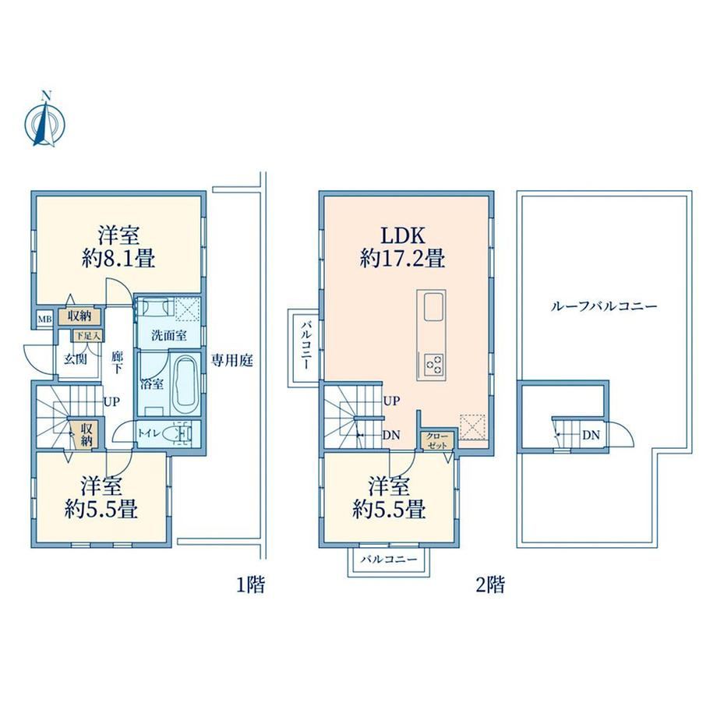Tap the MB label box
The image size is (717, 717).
pyautogui.click(x=44, y=320)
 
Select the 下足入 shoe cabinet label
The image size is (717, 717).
pyautogui.click(x=87, y=336)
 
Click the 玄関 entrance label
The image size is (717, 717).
pyautogui.click(x=75, y=359)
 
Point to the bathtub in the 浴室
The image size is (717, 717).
pyautogui.click(x=185, y=383)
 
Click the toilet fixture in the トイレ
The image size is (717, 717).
pyautogui.click(x=180, y=433)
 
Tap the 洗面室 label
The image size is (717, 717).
pyautogui.click(x=169, y=335)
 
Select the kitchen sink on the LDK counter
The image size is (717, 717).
pyautogui.click(x=433, y=307)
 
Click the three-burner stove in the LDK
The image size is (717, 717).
pyautogui.click(x=433, y=365)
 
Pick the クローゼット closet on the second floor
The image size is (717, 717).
pyautogui.click(x=438, y=440)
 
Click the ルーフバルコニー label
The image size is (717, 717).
pyautogui.click(x=603, y=306)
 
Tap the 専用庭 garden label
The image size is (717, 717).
pyautogui.click(x=231, y=361)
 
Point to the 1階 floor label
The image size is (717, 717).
pyautogui.click(x=250, y=585)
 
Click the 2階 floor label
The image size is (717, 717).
pyautogui.click(x=490, y=585)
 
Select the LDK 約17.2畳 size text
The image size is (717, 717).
pyautogui.click(x=403, y=247)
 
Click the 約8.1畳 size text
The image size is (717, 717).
pyautogui.click(x=118, y=260)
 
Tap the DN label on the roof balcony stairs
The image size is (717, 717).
pyautogui.click(x=591, y=435)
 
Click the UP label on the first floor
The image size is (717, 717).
pyautogui.click(x=111, y=402)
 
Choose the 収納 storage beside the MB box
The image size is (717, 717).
pyautogui.click(x=79, y=316)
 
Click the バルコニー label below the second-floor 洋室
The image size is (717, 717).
pyautogui.click(x=389, y=560)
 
